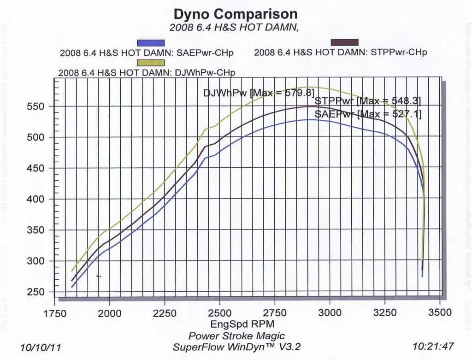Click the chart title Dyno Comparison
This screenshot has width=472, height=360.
click(x=235, y=14)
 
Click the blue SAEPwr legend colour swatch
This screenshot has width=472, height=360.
click(x=151, y=42)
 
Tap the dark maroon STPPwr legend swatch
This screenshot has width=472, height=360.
click(x=344, y=42)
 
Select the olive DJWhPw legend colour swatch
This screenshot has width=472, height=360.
click(x=151, y=63)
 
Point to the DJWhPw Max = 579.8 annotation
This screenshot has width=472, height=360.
click(x=259, y=93)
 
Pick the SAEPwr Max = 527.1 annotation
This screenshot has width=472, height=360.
click(x=368, y=113)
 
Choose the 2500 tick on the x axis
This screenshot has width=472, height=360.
click(x=220, y=313)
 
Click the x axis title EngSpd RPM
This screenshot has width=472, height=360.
click(x=236, y=324)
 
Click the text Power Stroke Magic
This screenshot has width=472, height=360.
click(x=236, y=336)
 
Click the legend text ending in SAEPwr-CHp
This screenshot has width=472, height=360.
click(x=147, y=53)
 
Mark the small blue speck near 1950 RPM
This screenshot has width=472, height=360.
click(x=99, y=276)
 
